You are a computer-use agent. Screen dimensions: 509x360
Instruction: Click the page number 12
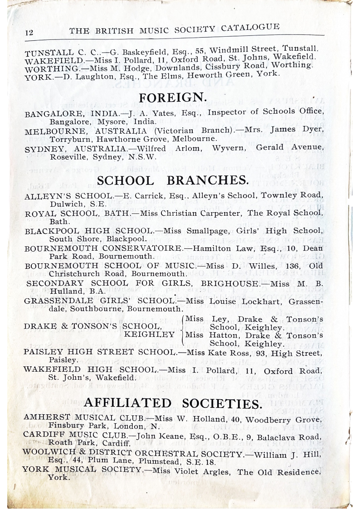pyautogui.click(x=28, y=33)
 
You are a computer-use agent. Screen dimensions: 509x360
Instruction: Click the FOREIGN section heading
pyautogui.click(x=173, y=97)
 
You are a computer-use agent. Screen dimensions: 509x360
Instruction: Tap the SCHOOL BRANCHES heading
pyautogui.click(x=173, y=180)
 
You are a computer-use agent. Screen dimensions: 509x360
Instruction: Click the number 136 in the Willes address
pyautogui.click(x=288, y=266)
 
